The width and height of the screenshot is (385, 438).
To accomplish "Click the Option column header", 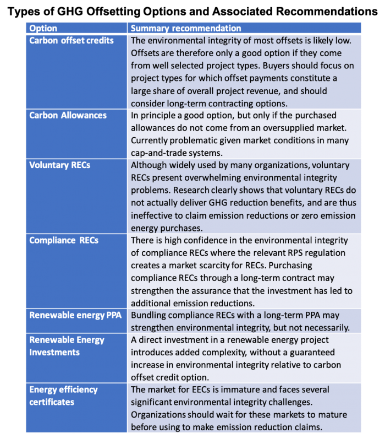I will point(43,28).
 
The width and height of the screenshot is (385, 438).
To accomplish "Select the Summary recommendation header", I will point(186,28).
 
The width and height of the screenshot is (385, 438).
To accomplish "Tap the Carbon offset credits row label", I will point(71,40).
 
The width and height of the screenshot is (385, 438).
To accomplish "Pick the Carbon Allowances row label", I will point(68,115).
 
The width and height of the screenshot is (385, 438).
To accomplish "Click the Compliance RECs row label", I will point(64,240).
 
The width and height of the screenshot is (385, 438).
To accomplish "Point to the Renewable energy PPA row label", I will point(75,315).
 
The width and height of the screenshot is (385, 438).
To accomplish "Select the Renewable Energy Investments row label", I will point(67,346).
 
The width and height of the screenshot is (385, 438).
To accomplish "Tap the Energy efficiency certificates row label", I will point(63,396).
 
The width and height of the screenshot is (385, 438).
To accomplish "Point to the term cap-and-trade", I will point(157,153).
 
